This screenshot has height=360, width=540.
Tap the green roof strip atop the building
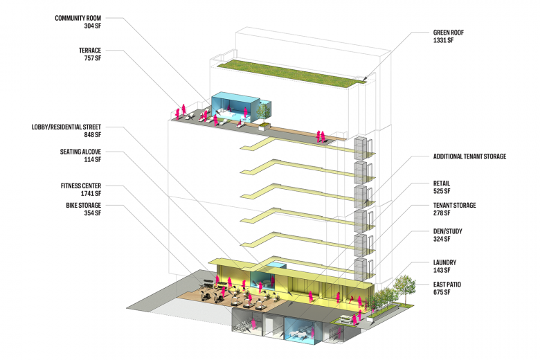pyautogui.click(x=291, y=72)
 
